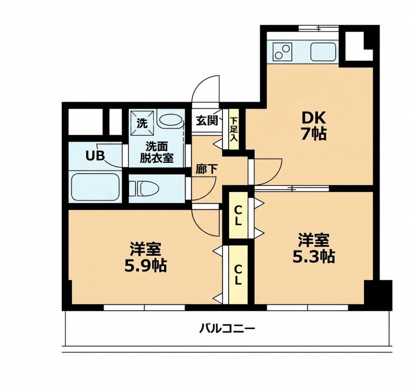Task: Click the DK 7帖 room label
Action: pos(314,125)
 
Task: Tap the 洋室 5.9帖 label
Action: pos(146,256)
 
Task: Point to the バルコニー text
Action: pos(227,329)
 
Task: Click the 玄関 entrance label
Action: pos(207,120)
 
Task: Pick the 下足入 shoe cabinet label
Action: pos(234,130)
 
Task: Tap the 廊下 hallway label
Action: pos(207,169)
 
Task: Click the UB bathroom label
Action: pos(95,156)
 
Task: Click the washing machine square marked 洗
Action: pos(142,122)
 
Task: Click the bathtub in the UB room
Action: pos(95,187)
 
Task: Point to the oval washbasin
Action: pos(170,121)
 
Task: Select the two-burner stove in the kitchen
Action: pos(282,52)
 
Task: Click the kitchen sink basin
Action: pos(323,52)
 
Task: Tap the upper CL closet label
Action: pos(238,215)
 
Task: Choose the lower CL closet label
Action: pos(238,275)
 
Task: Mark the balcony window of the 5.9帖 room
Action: pos(145,308)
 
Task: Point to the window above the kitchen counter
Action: pos(318,28)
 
